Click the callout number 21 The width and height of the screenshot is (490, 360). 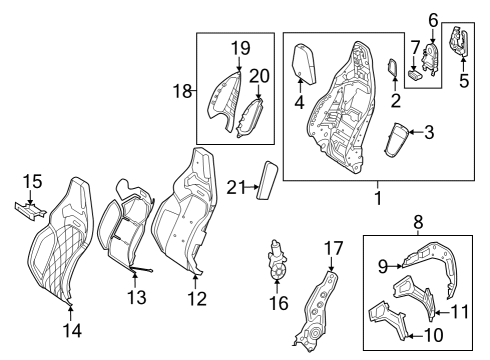[236, 188]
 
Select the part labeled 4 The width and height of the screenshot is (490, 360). [304, 63]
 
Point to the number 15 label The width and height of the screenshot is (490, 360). [32, 181]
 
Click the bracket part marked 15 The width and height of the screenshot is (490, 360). [29, 211]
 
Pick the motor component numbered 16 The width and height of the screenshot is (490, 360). [277, 260]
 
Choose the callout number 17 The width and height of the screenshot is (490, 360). [334, 248]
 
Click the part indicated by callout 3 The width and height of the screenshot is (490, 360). [397, 139]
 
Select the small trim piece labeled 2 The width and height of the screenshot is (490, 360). [393, 68]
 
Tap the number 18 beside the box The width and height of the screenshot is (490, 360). [182, 91]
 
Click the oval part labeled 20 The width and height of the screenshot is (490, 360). [250, 117]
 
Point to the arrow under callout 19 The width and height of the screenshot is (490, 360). [239, 63]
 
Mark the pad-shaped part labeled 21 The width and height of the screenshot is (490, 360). [267, 180]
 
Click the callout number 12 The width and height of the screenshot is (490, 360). [197, 298]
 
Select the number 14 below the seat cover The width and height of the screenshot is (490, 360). [72, 331]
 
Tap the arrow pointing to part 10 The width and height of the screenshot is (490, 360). [416, 336]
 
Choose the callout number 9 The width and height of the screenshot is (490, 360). [383, 266]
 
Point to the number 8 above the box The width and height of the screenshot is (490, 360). [418, 222]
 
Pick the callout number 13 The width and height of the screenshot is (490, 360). [137, 297]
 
